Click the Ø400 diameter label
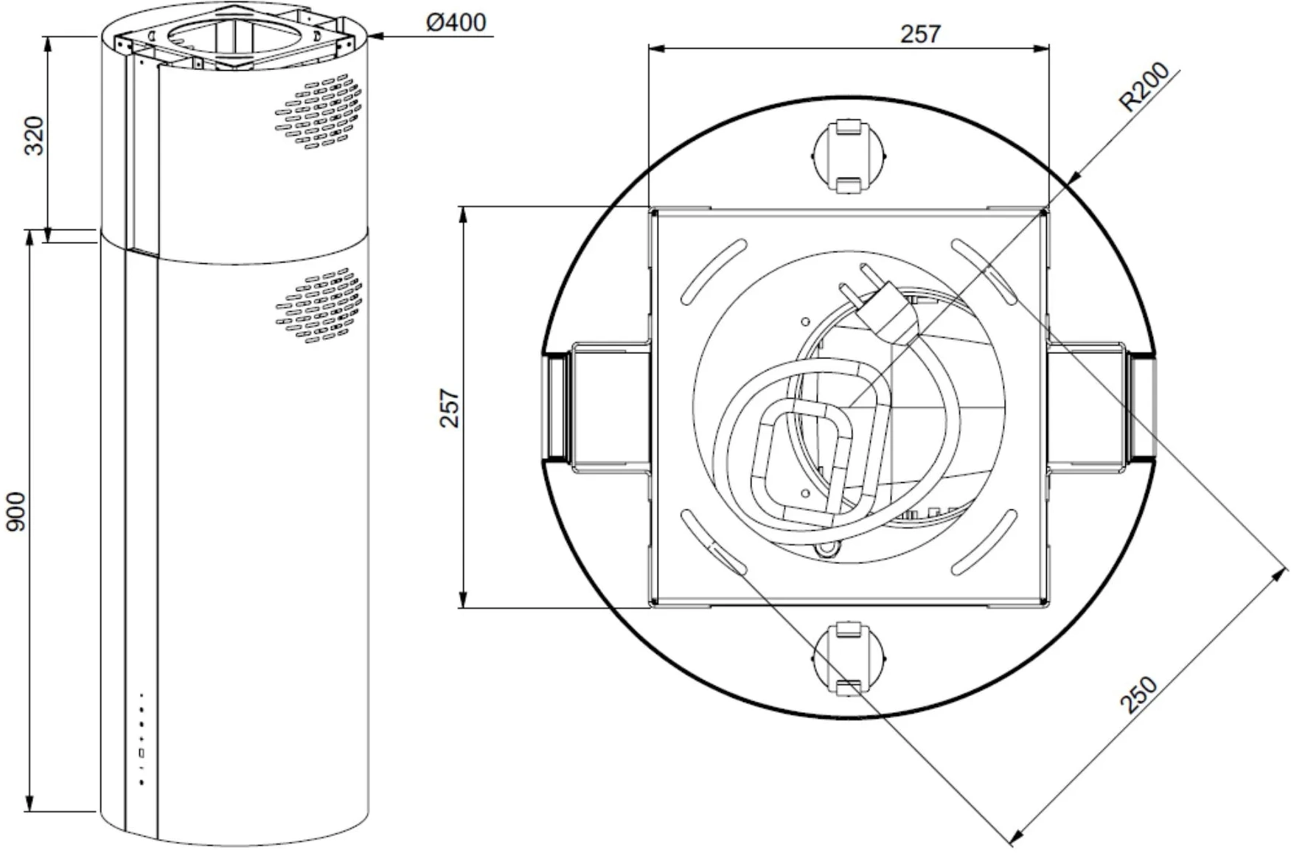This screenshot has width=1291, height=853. coord(456,22)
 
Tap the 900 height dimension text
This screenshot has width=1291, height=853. coord(16,512)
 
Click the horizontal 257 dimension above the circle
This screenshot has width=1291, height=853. coord(921,34)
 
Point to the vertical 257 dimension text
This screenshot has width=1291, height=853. coord(450,408)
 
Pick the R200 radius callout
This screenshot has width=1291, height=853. coord(1144,87)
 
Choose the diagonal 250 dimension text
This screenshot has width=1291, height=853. coord(1139,695)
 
